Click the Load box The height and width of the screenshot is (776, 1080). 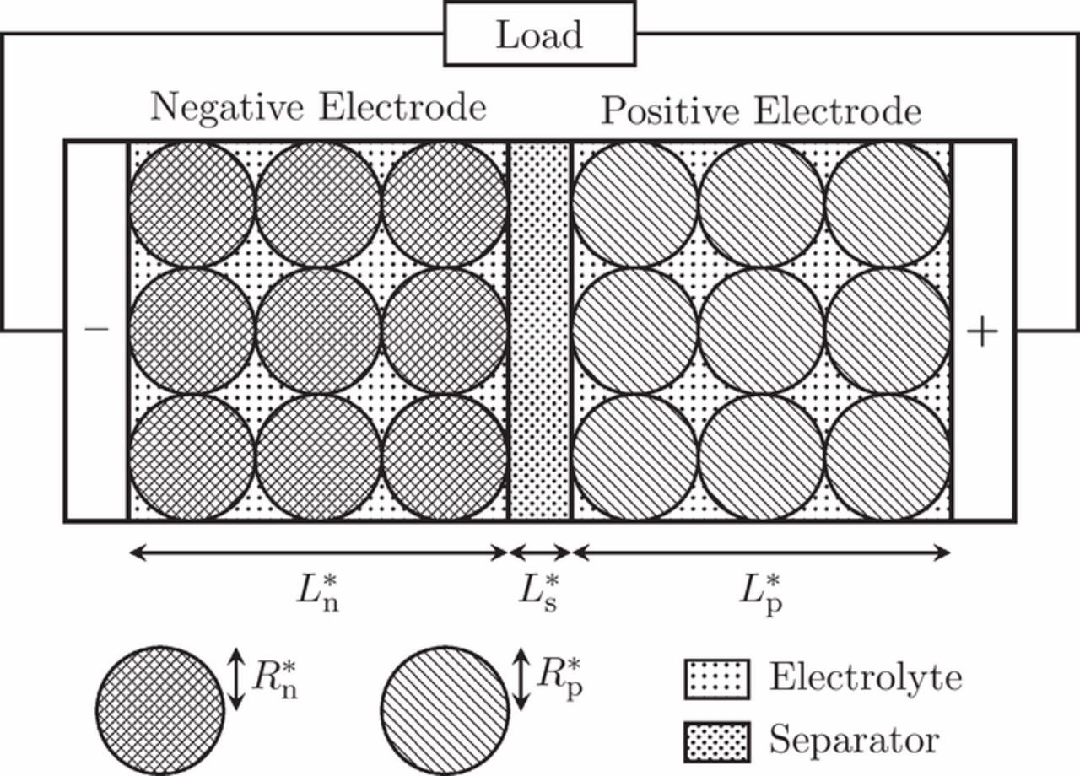539,34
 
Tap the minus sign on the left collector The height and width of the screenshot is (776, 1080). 96,330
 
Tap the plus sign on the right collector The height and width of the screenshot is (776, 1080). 982,331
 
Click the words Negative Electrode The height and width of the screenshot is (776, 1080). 318,108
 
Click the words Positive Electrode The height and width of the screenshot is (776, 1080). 760,110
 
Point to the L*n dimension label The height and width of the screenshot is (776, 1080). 318,592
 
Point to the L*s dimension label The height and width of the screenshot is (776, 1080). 538,592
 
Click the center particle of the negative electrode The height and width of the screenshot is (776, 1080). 318,331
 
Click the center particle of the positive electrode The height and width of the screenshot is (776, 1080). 761,331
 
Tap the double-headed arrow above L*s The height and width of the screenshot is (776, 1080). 540,552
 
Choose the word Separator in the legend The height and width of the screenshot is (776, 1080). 853,741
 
